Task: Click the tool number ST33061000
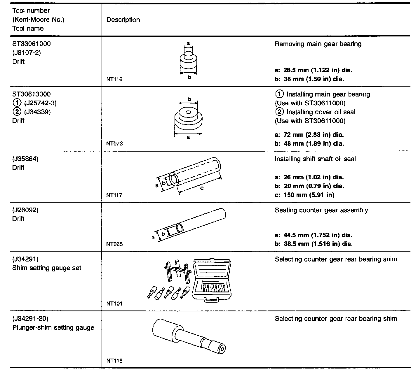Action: point(31,44)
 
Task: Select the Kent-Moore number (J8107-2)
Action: point(27,53)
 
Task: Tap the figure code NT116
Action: point(114,79)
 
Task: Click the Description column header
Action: point(123,20)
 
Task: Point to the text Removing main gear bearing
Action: point(318,44)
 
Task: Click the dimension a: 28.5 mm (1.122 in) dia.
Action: point(314,70)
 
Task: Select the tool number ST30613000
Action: point(31,94)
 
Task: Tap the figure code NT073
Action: point(114,143)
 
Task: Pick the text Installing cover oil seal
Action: point(321,112)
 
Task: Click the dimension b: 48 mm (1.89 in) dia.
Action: point(309,143)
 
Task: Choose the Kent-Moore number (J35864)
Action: point(25,159)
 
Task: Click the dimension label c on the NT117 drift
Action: point(202,188)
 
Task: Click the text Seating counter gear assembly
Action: point(321,210)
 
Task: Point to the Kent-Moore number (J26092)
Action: point(25,210)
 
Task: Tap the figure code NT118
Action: point(114,361)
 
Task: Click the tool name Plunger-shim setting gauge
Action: point(53,327)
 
